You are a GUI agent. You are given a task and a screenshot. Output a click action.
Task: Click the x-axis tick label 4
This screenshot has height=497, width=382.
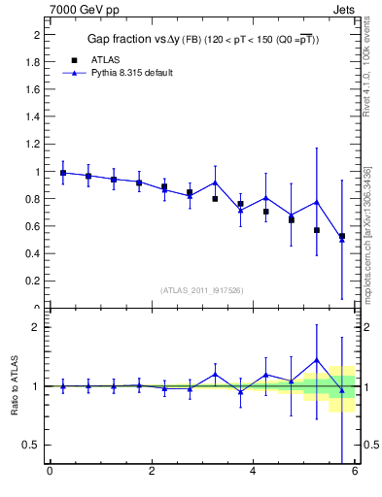tap(253, 472)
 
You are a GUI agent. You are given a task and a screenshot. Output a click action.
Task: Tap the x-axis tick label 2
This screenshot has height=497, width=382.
tap(152, 472)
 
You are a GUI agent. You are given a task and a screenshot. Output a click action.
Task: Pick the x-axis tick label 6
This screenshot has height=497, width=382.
tap(355, 472)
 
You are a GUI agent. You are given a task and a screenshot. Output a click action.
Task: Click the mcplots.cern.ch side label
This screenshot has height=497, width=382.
tap(367, 233)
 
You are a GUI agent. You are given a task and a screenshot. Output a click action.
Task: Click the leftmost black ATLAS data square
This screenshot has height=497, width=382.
tap(63, 173)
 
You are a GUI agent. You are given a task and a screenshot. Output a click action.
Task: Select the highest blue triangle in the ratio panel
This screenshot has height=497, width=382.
tap(317, 359)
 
